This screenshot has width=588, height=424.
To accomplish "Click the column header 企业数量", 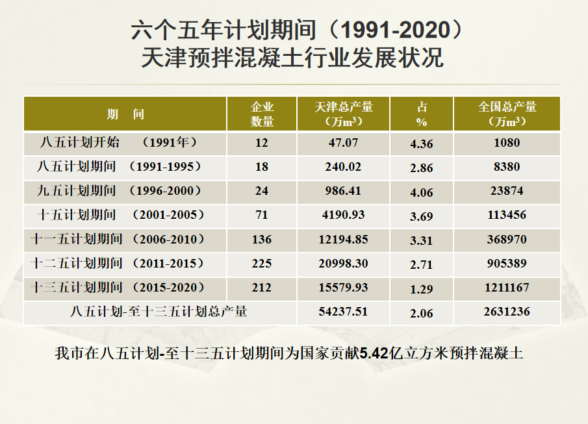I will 262,114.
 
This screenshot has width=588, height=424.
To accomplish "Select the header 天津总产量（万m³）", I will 343,114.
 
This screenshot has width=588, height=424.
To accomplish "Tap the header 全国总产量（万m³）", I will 507,114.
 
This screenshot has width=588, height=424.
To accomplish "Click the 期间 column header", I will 125,114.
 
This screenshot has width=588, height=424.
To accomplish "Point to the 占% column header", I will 422,114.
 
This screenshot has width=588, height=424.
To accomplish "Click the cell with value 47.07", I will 343,143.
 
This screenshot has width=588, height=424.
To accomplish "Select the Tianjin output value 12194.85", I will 343,239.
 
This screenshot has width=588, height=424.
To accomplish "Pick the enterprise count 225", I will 262,263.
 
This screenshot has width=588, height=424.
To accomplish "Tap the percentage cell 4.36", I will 422,143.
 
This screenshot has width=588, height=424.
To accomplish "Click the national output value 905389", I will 507,263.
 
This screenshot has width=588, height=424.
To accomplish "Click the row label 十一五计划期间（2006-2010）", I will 119,239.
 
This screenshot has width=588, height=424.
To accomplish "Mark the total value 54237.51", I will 343,312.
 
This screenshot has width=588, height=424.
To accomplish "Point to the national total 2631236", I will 507,312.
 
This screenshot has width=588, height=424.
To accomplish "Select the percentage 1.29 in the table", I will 422,288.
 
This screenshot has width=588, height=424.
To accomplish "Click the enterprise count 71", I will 262,215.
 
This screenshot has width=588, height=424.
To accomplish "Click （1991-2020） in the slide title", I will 398,29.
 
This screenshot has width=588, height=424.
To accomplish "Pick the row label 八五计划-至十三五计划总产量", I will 159,312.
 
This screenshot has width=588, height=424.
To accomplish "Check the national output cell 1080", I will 507,143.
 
